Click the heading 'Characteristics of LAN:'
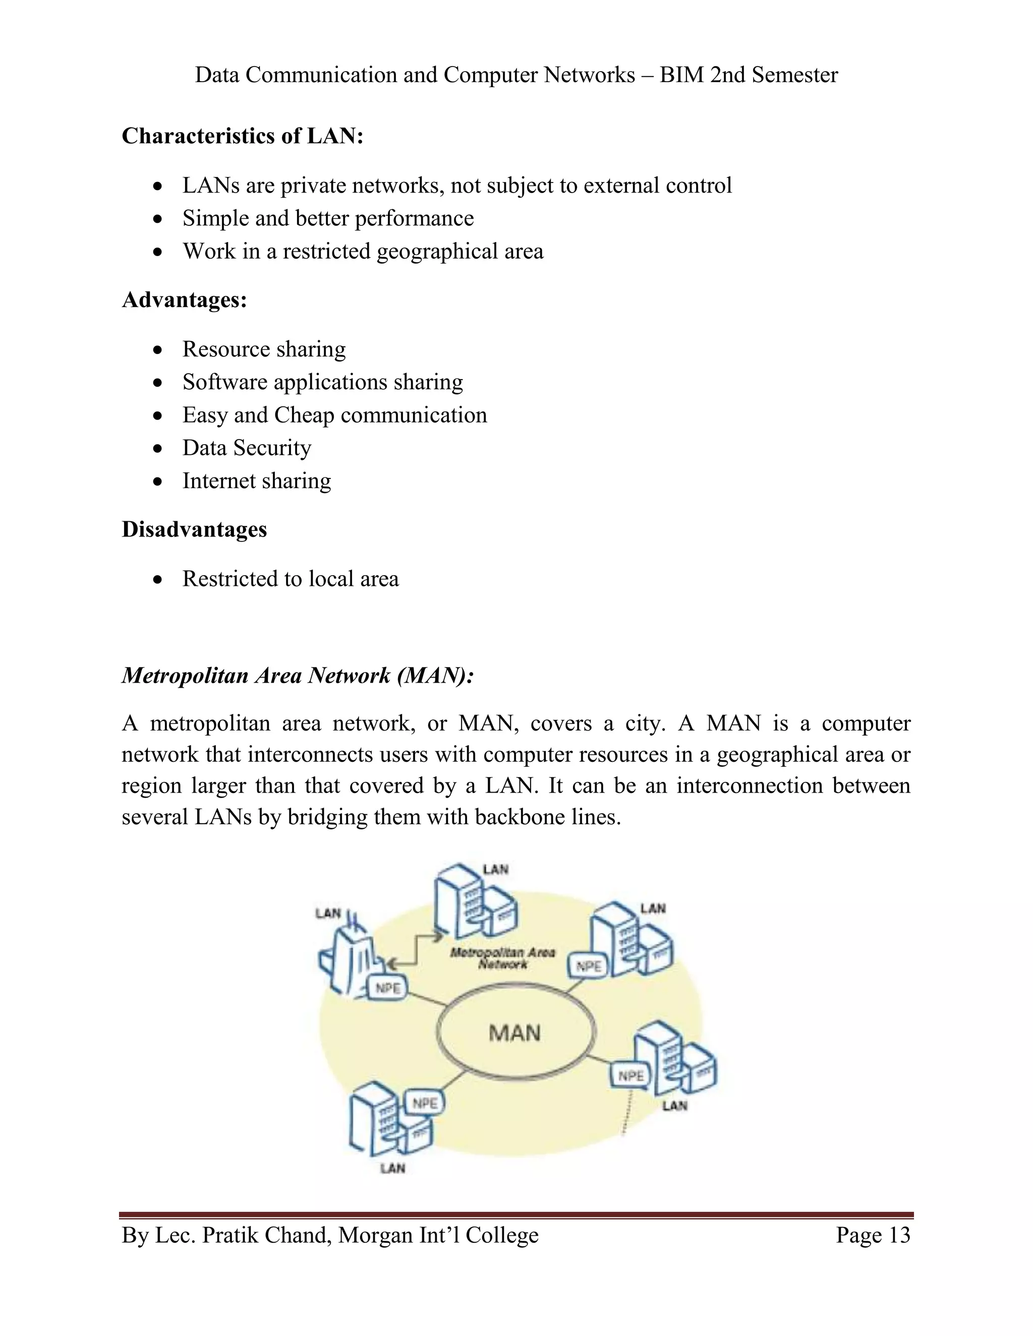(242, 136)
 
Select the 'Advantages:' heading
(184, 300)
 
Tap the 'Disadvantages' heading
(194, 529)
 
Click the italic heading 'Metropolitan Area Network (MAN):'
(298, 676)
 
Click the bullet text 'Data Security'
(247, 448)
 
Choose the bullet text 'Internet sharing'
(256, 481)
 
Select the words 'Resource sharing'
(264, 349)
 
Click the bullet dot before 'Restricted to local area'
(158, 579)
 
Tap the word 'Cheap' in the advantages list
(304, 415)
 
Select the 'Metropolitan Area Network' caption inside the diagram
(502, 958)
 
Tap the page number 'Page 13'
(873, 1235)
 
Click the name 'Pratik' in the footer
(229, 1235)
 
